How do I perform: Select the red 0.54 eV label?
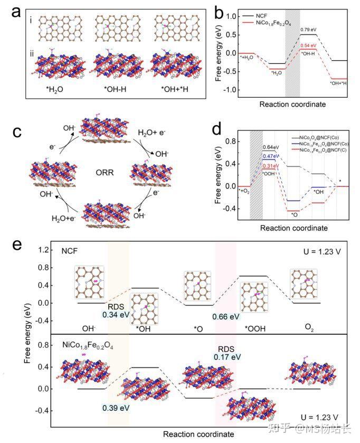click(308, 46)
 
